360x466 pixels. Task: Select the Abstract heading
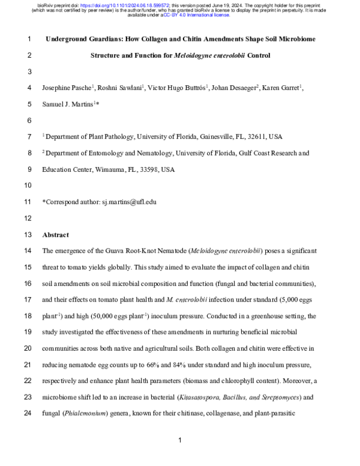click(x=55, y=235)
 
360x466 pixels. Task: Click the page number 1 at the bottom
click(x=180, y=441)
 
